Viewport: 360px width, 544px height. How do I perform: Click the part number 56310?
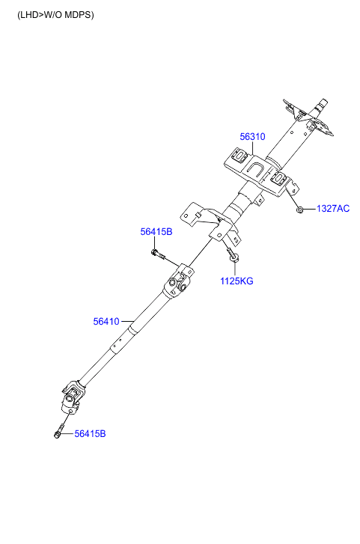(x=252, y=137)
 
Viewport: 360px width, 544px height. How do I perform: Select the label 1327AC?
(x=333, y=209)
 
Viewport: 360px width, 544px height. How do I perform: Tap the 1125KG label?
(x=237, y=281)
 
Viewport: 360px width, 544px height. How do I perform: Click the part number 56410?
(x=106, y=322)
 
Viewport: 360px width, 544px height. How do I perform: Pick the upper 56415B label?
(x=156, y=232)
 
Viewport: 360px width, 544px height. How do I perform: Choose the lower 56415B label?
(x=91, y=434)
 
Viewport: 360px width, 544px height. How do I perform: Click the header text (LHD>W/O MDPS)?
(x=55, y=15)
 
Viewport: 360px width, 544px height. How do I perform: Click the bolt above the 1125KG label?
(x=231, y=254)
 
